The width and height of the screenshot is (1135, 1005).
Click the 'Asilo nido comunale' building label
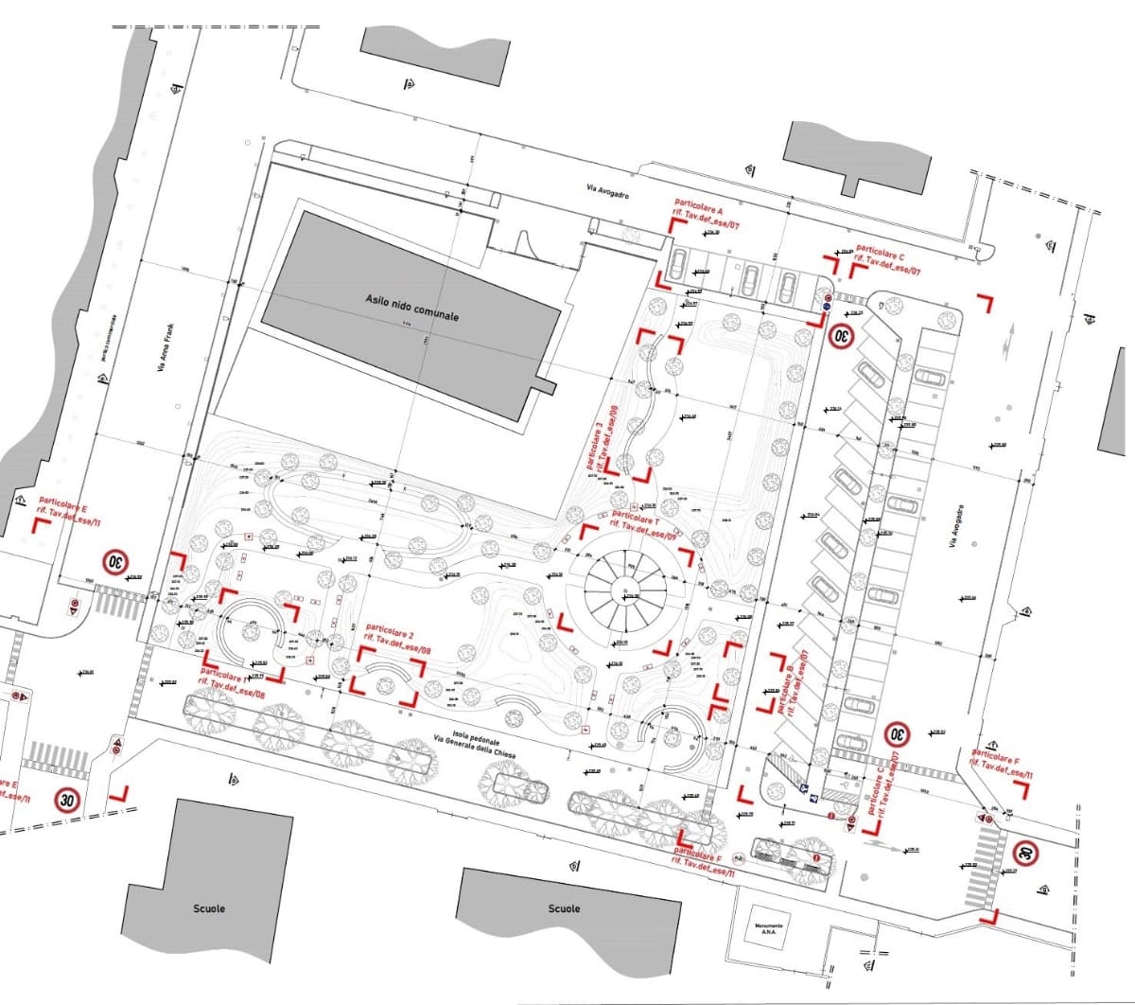[x=411, y=306]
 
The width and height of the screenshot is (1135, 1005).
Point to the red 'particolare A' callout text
[x=699, y=203]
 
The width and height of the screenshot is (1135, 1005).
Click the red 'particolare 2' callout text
[x=391, y=630]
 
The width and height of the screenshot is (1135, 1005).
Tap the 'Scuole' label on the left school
[x=209, y=908]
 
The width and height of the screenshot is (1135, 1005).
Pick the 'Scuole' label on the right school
[x=564, y=908]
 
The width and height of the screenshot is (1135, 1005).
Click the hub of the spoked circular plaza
[x=625, y=594]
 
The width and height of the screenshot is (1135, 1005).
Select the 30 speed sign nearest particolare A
[x=841, y=335]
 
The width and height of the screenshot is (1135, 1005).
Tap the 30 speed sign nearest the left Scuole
[x=67, y=801]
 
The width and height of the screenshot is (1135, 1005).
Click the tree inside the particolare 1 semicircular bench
[x=252, y=631]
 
